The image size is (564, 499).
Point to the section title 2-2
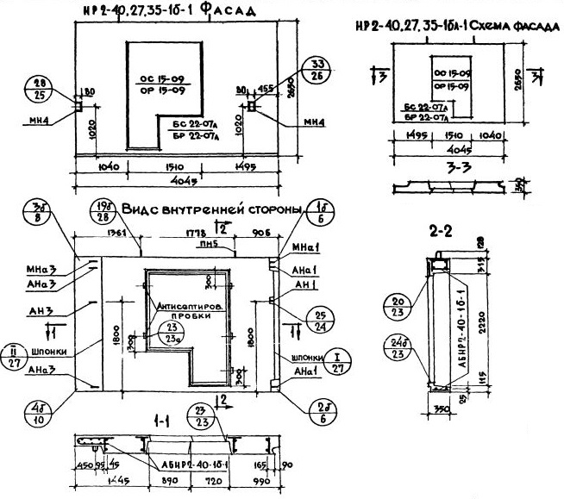click(442, 231)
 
